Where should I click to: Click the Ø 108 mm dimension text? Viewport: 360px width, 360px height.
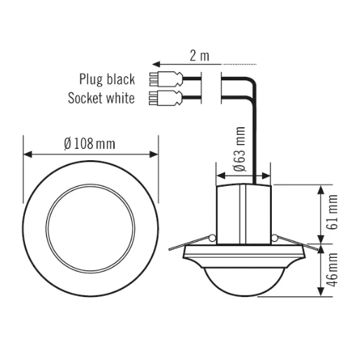click(x=89, y=143)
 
